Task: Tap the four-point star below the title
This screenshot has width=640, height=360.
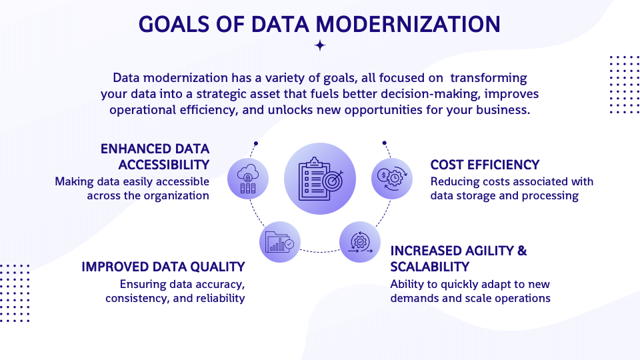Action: click(320, 45)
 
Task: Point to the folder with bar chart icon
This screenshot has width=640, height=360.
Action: click(280, 241)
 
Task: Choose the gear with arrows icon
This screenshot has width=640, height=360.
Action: click(360, 241)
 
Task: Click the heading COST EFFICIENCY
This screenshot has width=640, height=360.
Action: click(485, 165)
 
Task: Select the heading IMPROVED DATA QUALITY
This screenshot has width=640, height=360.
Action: click(163, 267)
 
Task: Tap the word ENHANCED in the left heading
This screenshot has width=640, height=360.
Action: click(133, 148)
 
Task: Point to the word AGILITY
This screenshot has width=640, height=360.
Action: click(489, 251)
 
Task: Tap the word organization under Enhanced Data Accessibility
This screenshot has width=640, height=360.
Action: click(176, 195)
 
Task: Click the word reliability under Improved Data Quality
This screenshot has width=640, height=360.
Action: click(220, 298)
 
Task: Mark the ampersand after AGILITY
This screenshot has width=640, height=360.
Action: click(521, 251)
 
